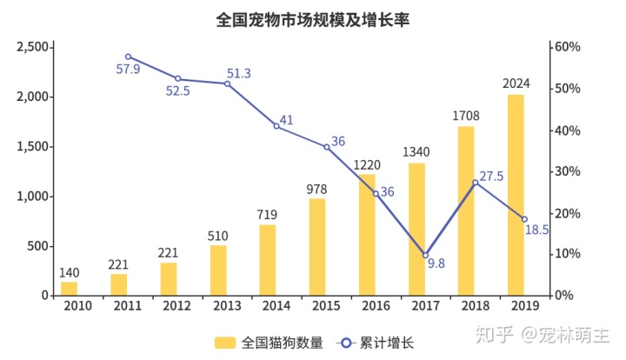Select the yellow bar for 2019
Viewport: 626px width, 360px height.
tap(516, 195)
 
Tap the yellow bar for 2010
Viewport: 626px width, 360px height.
tap(69, 288)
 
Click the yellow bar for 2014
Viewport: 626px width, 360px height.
tap(268, 259)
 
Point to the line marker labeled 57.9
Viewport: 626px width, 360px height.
tap(128, 57)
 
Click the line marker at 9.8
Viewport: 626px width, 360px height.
tap(425, 255)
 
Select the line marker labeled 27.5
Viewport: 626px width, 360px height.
tap(475, 183)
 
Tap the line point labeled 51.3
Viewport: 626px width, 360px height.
tap(227, 83)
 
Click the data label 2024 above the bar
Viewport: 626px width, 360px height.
tap(516, 84)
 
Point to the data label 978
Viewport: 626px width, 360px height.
tap(317, 189)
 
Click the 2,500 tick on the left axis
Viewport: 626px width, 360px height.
tap(33, 47)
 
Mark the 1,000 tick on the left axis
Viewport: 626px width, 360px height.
tap(33, 197)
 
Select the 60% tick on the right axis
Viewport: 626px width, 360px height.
tap(568, 47)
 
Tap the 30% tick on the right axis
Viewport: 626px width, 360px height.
tap(568, 171)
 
